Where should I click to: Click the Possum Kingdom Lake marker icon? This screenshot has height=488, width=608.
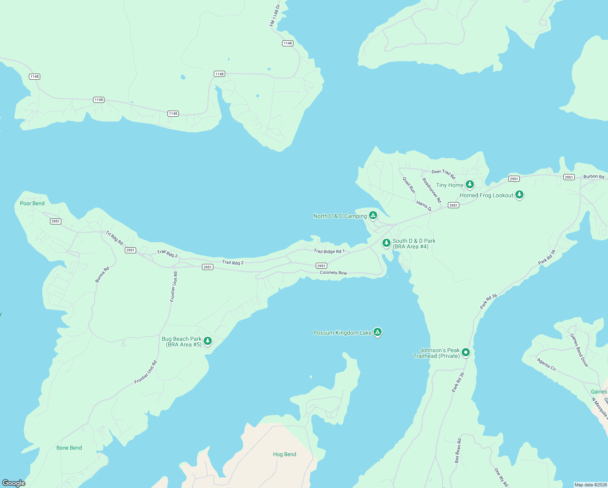point(378,332)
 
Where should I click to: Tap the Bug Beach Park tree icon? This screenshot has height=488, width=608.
point(208,341)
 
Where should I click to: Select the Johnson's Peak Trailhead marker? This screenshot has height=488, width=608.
point(466,352)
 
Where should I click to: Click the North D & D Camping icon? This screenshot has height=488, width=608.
point(373,215)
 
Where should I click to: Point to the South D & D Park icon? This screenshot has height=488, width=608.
point(387,243)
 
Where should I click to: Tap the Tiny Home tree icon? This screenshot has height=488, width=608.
point(470,184)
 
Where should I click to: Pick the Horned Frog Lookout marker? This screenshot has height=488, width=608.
point(519,194)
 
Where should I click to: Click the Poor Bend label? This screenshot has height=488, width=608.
point(32,203)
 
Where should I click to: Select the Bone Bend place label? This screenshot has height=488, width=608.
point(69,448)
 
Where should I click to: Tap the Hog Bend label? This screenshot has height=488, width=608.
point(284,454)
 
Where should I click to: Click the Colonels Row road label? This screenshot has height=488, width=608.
point(333,272)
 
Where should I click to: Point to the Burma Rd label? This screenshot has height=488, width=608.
point(102,274)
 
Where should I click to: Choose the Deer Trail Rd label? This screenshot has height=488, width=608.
point(443,173)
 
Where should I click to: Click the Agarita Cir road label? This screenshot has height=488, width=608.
point(547,364)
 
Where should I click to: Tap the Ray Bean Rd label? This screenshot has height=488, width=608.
point(458,451)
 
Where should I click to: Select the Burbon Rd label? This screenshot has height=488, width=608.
point(594,176)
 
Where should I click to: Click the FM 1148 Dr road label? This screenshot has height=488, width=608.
point(275,15)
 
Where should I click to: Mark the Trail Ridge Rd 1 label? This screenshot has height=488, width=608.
point(329,251)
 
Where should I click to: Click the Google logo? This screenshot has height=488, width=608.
point(14,483)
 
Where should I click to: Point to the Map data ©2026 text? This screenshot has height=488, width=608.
point(590,485)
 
